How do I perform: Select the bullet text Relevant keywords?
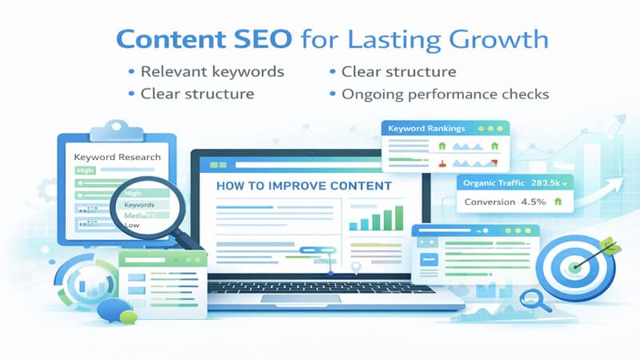[212, 72]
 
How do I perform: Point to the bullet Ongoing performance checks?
[445, 94]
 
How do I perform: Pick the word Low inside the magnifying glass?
[134, 226]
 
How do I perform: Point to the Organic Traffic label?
[490, 183]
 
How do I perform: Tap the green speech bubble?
[129, 317]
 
